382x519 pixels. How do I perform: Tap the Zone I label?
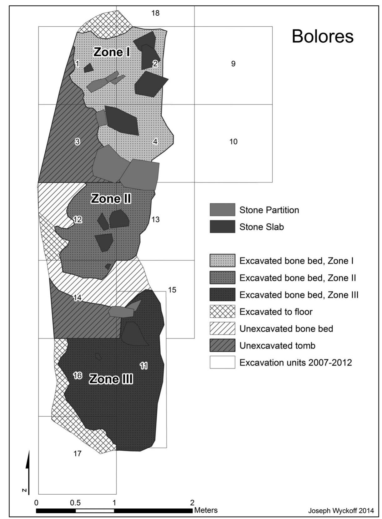112,52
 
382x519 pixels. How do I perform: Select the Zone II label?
111,199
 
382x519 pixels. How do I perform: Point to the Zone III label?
111,379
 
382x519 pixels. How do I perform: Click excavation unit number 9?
233,64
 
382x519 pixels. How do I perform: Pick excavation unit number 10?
233,142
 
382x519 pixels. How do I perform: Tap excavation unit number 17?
77,453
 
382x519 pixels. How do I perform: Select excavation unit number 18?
155,13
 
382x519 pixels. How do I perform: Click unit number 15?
172,290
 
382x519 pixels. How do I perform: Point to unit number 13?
155,220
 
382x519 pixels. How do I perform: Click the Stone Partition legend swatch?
222,210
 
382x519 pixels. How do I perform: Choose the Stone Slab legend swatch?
222,226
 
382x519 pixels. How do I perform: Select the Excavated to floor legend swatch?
222,312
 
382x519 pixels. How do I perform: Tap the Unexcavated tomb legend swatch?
222,345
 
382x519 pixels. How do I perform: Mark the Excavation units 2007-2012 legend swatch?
222,362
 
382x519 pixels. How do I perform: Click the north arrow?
28,472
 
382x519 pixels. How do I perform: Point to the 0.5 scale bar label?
75,503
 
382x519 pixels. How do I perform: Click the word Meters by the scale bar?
206,510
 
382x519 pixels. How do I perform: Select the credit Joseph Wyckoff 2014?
341,511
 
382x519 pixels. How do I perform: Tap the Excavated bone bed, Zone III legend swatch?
222,295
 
